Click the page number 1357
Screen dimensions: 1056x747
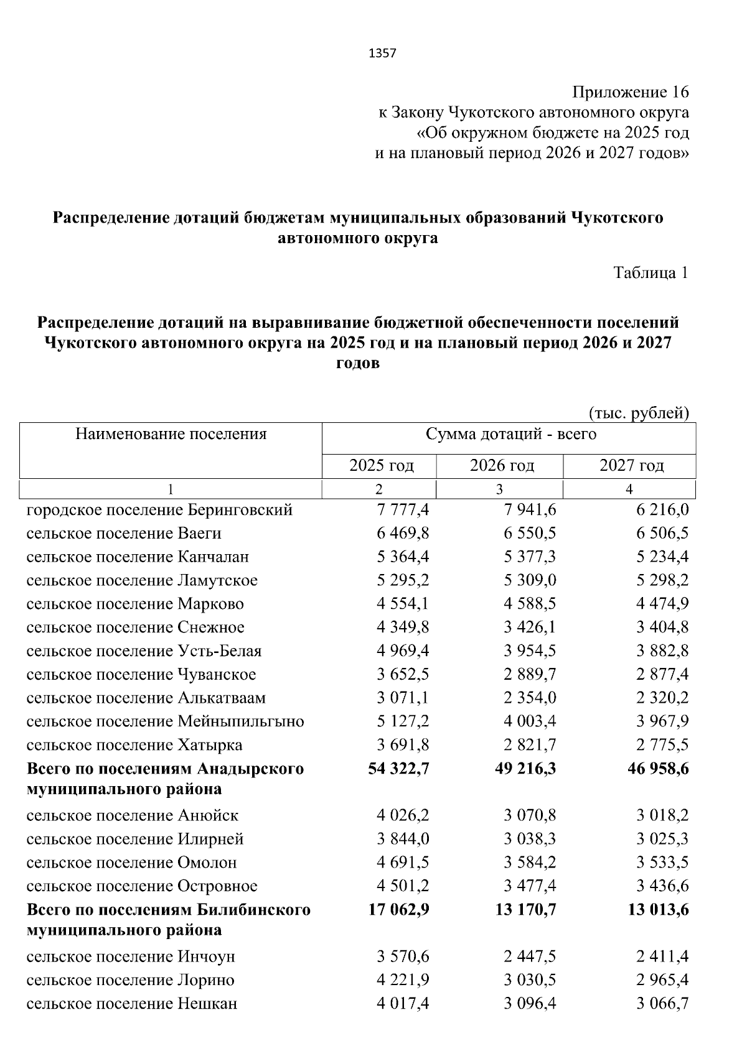click(382, 53)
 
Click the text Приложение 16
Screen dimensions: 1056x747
click(630, 93)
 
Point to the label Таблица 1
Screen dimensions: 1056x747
click(651, 272)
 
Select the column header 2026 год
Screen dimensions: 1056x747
click(502, 465)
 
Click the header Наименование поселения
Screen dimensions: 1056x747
click(171, 433)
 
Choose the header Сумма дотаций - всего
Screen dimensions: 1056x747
click(510, 433)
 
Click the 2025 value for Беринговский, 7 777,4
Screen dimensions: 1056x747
click(403, 510)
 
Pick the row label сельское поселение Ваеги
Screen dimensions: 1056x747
click(124, 534)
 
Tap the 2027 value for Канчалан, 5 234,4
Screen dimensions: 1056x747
click(662, 557)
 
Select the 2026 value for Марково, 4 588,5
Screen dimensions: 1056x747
click(530, 604)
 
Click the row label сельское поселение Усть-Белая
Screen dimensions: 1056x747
click(144, 651)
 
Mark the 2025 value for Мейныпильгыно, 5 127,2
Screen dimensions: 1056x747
click(403, 721)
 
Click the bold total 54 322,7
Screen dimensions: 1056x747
click(399, 769)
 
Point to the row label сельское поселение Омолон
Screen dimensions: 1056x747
click(131, 863)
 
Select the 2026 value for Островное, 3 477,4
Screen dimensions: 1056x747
click(530, 886)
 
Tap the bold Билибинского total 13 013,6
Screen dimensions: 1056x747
click(658, 910)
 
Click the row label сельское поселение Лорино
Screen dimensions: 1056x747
click(130, 980)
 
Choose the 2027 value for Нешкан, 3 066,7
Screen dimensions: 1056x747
click(662, 1004)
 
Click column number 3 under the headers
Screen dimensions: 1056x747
click(499, 489)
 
